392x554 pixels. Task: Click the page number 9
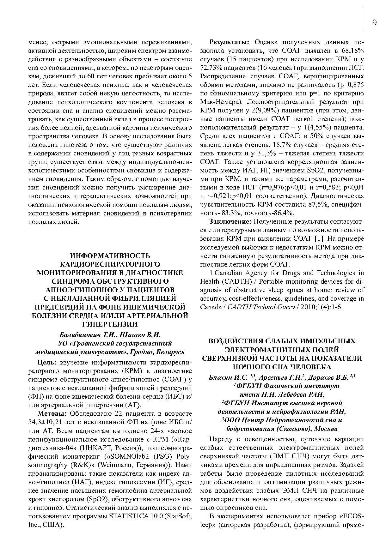tap(374, 22)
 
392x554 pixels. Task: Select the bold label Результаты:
tap(230, 42)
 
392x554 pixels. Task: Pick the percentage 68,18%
tap(352, 51)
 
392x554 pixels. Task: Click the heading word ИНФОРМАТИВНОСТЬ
tap(110, 256)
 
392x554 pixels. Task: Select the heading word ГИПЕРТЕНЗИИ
tap(110, 324)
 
